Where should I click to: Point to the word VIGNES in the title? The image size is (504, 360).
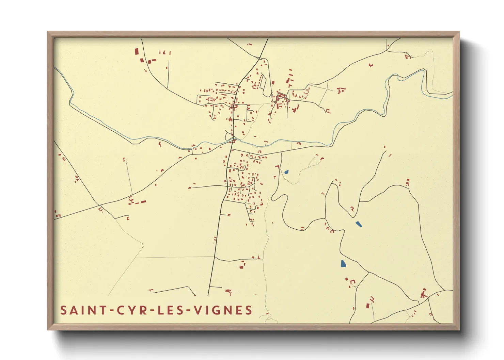tap(223, 310)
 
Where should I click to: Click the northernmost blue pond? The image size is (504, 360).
tap(286, 172)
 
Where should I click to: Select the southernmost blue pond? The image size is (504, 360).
tap(343, 263)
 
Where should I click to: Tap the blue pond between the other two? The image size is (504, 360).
tap(359, 224)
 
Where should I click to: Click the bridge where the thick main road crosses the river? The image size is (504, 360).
tap(233, 140)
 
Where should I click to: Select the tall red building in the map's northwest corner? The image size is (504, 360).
tap(137, 51)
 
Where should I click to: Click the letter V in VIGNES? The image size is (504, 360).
tap(198, 310)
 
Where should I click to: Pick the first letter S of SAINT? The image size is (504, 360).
tap(63, 310)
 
